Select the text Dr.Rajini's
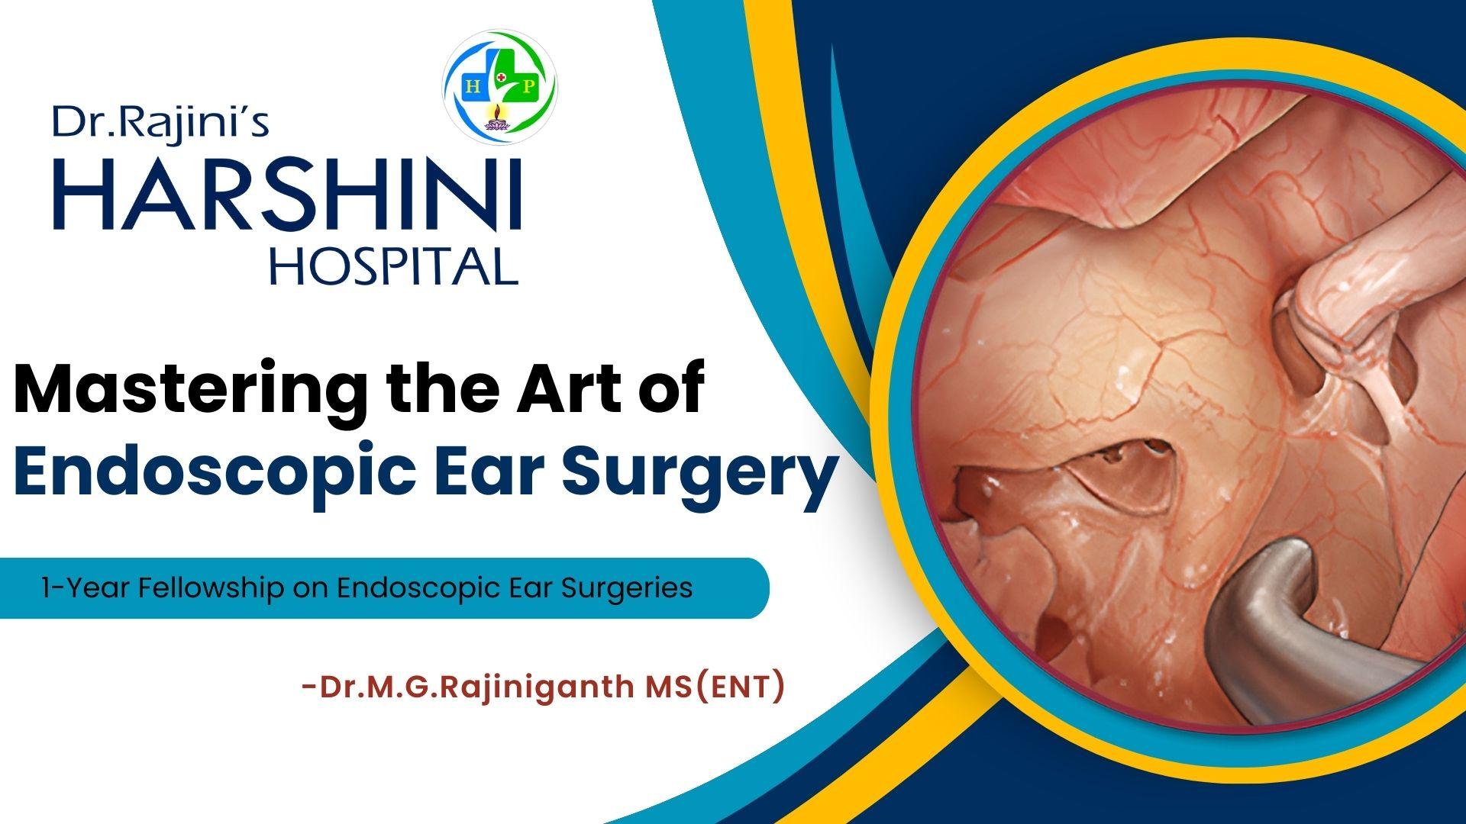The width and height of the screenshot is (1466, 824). pos(160,123)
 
